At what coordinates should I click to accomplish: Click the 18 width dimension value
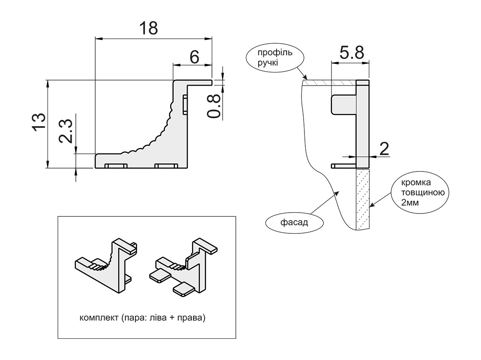148,28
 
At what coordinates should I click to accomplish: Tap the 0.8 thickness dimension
214,106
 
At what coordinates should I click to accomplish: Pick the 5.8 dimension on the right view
351,53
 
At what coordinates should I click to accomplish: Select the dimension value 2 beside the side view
384,149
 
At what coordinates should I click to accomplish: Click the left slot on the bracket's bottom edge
116,166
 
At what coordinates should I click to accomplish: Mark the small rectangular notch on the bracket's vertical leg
185,104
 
